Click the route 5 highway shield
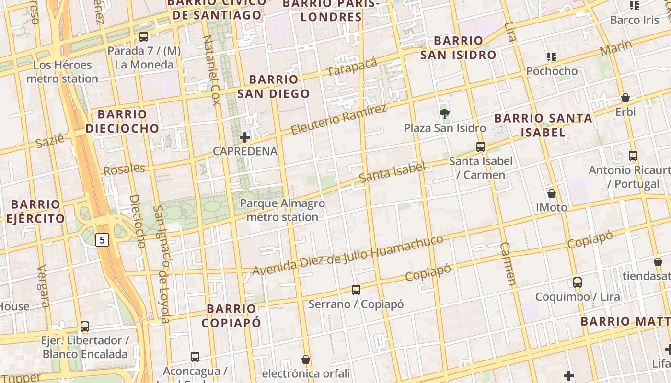click(x=102, y=239)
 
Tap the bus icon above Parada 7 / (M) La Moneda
click(x=143, y=37)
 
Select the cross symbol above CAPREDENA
click(x=245, y=137)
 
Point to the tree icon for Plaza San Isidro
click(x=445, y=114)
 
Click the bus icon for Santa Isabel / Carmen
click(x=481, y=147)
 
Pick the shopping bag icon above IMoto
click(x=552, y=193)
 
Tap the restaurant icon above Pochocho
click(x=552, y=57)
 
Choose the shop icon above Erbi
click(x=625, y=98)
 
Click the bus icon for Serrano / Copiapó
click(x=356, y=290)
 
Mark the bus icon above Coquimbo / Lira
click(x=578, y=282)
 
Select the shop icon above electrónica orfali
click(x=306, y=359)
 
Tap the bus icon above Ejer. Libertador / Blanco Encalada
click(x=85, y=327)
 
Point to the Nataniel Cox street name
click(x=211, y=70)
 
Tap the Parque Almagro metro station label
click(x=282, y=210)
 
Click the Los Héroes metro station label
click(x=62, y=72)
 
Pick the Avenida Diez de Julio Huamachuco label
click(x=347, y=255)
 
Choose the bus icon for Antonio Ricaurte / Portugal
click(x=633, y=156)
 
